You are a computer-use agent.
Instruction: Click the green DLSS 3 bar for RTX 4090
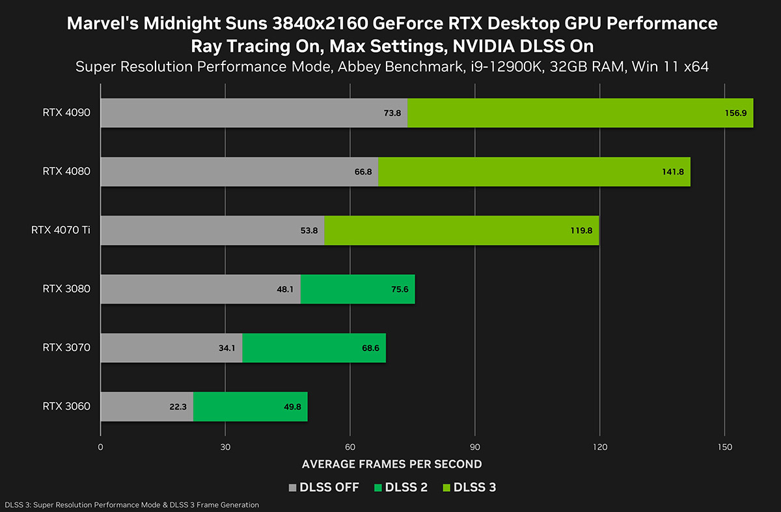(x=580, y=113)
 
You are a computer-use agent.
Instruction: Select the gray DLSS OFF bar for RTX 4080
(x=239, y=171)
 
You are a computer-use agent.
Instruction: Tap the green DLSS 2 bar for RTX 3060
(x=250, y=406)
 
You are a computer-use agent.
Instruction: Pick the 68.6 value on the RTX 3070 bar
(x=371, y=348)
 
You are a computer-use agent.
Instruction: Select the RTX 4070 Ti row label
(x=61, y=230)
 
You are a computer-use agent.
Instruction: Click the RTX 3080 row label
(x=66, y=289)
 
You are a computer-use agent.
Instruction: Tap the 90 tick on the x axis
(x=475, y=447)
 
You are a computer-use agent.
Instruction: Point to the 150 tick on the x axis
(x=724, y=447)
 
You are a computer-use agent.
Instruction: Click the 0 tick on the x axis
(x=100, y=447)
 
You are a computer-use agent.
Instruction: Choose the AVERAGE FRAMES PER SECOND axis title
(x=392, y=464)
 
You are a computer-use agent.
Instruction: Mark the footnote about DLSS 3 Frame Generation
(x=131, y=505)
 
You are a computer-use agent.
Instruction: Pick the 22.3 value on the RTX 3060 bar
(x=177, y=406)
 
